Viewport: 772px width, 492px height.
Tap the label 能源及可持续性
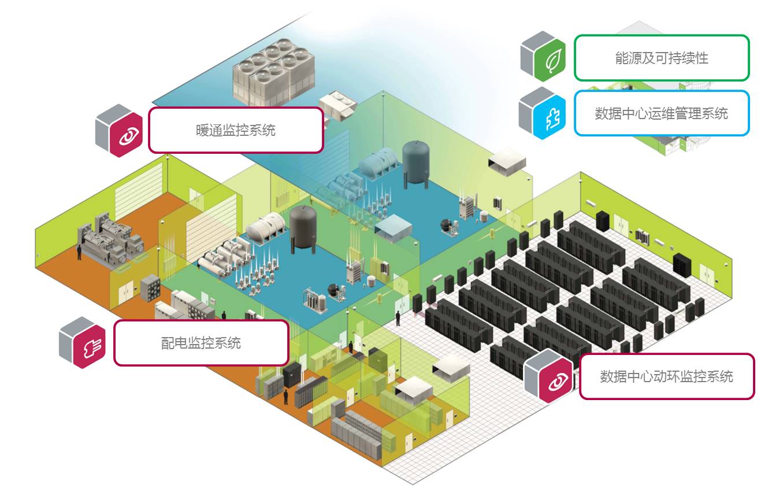pyautogui.click(x=662, y=58)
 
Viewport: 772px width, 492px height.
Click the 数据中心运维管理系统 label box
pyautogui.click(x=662, y=113)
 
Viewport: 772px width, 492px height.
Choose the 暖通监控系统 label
pyautogui.click(x=235, y=130)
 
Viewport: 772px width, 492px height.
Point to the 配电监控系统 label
pyautogui.click(x=201, y=343)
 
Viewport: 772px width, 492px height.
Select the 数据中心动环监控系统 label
pyautogui.click(x=666, y=376)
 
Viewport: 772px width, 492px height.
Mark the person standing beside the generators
pyautogui.click(x=79, y=253)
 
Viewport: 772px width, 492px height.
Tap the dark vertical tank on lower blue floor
pyautogui.click(x=303, y=227)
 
